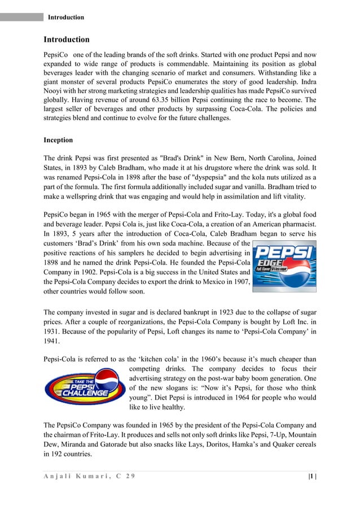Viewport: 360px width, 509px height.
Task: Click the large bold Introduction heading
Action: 67,40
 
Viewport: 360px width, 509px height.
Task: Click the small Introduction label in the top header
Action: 66,17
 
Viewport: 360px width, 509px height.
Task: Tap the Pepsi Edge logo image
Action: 284,266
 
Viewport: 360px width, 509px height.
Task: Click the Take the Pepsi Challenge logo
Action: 85,387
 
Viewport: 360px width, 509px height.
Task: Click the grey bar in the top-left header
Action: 21,17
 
